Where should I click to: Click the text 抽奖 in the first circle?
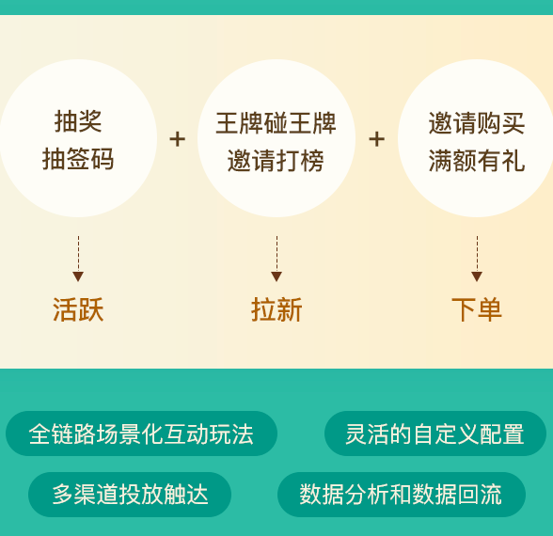[x=78, y=121]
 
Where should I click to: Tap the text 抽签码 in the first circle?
[x=78, y=159]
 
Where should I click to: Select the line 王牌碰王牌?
[x=276, y=123]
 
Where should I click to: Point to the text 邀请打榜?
[x=276, y=161]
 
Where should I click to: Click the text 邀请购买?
[x=477, y=123]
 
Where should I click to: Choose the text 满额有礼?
[x=477, y=161]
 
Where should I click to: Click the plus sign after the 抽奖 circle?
[x=178, y=139]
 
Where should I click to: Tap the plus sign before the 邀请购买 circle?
[x=376, y=139]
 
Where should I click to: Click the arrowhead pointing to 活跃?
[x=78, y=276]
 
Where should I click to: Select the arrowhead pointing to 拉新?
[x=276, y=276]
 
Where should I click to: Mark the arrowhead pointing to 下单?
[x=477, y=276]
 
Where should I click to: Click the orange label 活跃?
[x=78, y=309]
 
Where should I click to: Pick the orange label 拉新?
[x=276, y=309]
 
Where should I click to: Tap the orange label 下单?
[x=477, y=309]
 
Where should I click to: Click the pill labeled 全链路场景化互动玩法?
[x=141, y=434]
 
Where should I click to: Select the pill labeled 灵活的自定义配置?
[x=435, y=434]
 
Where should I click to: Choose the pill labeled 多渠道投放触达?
[x=130, y=495]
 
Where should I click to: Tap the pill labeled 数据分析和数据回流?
[x=402, y=495]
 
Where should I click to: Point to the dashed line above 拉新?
[x=276, y=254]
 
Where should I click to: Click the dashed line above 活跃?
[x=78, y=254]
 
